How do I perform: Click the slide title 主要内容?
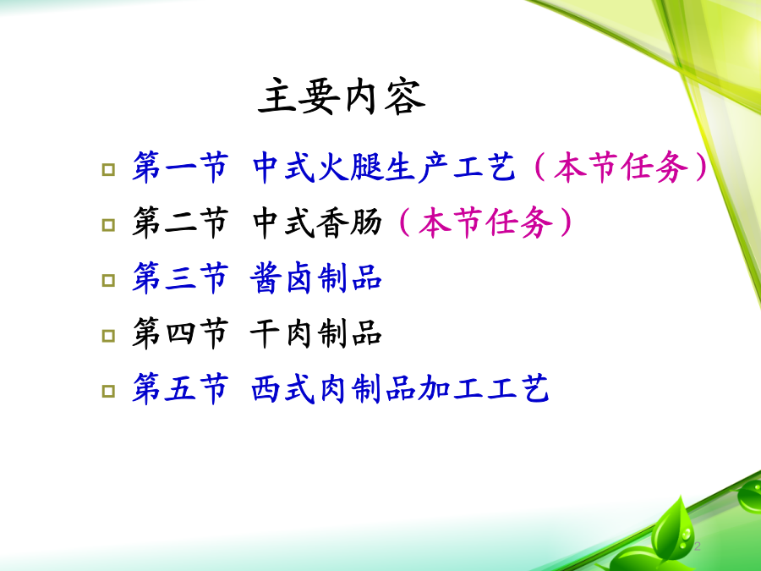tap(342, 96)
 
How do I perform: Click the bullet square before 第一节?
tap(109, 169)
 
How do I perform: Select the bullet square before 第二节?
tap(109, 225)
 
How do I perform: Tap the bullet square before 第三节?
tap(109, 280)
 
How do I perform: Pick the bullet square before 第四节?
tap(109, 336)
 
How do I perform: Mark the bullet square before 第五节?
tap(109, 391)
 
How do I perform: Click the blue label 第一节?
tap(180, 167)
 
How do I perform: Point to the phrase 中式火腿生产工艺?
tap(383, 167)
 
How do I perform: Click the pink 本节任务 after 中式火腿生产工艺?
tap(621, 167)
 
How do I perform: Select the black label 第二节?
tap(180, 222)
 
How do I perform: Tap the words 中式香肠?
tap(317, 222)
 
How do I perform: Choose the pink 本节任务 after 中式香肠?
tap(485, 222)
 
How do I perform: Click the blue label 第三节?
tap(180, 278)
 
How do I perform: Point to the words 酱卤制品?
tap(316, 278)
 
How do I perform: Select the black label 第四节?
tap(180, 333)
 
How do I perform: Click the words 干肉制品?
tap(316, 333)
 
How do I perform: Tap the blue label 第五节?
tap(180, 389)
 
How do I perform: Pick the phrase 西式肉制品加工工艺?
tap(400, 389)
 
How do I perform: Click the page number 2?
tap(698, 546)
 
